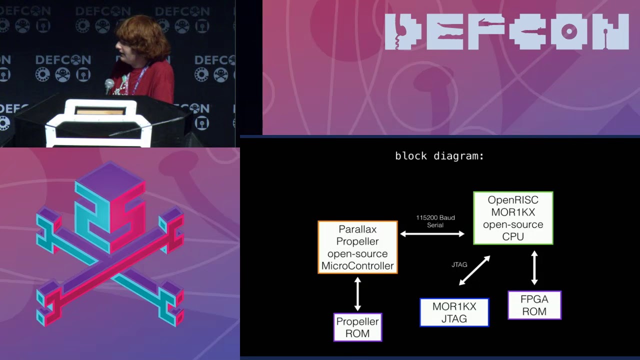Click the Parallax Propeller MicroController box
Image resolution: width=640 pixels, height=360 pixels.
(x=357, y=247)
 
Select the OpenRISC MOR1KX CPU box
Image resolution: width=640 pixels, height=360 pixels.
(x=513, y=218)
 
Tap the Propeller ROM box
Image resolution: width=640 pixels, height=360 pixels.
(x=357, y=327)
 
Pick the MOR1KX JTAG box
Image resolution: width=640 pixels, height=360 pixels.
(x=454, y=312)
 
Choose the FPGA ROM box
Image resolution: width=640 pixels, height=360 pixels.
(x=534, y=305)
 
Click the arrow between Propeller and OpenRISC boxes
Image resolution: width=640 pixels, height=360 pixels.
(x=432, y=233)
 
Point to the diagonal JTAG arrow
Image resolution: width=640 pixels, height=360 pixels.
(x=474, y=270)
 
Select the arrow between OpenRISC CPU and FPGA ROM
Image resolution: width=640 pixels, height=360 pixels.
(x=534, y=267)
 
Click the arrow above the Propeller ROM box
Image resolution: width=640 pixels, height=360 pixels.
(x=357, y=293)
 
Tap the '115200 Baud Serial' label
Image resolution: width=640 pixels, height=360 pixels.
(x=435, y=221)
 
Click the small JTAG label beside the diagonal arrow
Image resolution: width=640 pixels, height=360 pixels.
(x=459, y=264)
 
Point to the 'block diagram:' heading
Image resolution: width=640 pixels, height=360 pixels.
(x=439, y=156)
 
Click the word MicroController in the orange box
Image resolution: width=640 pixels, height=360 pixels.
(x=357, y=265)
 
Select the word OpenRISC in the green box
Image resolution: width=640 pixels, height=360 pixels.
(x=513, y=200)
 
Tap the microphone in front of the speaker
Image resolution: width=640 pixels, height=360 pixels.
(x=109, y=85)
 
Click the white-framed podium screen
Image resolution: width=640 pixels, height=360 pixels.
(x=100, y=111)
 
